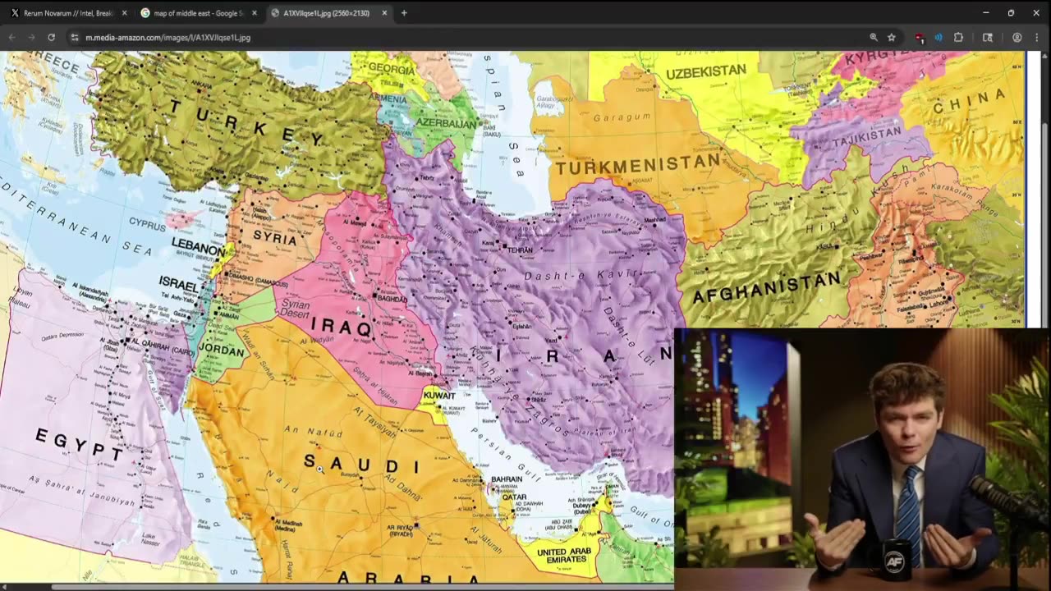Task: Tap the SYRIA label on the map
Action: pyautogui.click(x=275, y=236)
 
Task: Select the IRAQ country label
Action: pyautogui.click(x=342, y=327)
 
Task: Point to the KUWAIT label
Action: pyautogui.click(x=438, y=396)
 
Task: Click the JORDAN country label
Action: pyautogui.click(x=223, y=348)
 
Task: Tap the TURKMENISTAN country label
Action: pyautogui.click(x=638, y=165)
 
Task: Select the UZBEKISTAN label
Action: pyautogui.click(x=705, y=72)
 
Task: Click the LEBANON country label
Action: pyautogui.click(x=198, y=248)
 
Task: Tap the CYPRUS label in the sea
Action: pyautogui.click(x=148, y=222)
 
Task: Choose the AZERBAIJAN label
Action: pyautogui.click(x=447, y=124)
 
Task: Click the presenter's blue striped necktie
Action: pyautogui.click(x=908, y=513)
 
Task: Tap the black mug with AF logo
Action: pyautogui.click(x=893, y=561)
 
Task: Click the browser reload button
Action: pyautogui.click(x=51, y=37)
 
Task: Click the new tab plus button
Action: pyautogui.click(x=404, y=13)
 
